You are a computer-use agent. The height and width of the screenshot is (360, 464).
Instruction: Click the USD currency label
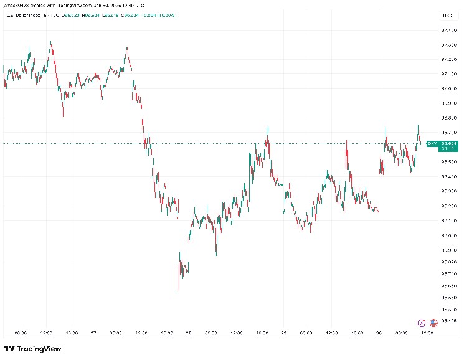point(446,14)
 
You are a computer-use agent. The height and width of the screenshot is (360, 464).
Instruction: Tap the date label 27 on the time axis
point(92,333)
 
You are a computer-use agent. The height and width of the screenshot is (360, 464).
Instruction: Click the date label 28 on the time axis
point(187,333)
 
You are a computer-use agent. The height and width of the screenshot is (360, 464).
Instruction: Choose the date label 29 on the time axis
point(283,333)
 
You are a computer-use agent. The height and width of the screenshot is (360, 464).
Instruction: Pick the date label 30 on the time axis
point(379,333)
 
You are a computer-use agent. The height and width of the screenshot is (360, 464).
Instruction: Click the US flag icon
point(433,323)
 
